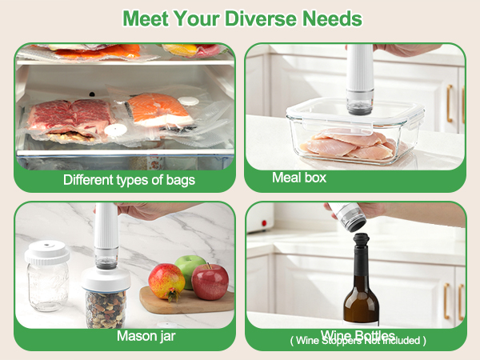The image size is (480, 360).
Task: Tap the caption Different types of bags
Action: (x=129, y=179)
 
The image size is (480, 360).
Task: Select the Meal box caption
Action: (x=299, y=178)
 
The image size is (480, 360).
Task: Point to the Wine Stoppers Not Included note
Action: (x=358, y=341)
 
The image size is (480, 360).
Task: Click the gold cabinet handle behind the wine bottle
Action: (x=446, y=300)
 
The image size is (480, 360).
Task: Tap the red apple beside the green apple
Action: (x=210, y=282)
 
